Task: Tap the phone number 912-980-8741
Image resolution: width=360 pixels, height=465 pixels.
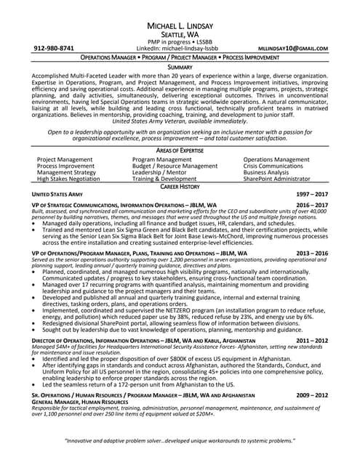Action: (54, 48)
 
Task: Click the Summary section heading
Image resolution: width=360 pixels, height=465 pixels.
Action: (180, 67)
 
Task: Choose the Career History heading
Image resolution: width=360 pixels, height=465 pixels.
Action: (180, 187)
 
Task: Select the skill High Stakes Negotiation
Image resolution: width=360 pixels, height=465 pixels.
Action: (68, 178)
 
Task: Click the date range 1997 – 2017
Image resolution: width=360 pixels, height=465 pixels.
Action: (312, 195)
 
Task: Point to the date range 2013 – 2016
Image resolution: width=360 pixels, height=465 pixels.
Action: (312, 254)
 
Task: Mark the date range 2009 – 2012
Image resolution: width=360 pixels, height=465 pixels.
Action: (312, 395)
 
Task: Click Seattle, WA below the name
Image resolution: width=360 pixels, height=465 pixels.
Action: (180, 33)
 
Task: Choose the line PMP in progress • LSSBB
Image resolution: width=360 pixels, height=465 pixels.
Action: (180, 41)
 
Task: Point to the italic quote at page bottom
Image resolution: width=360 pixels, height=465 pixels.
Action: (180, 441)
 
